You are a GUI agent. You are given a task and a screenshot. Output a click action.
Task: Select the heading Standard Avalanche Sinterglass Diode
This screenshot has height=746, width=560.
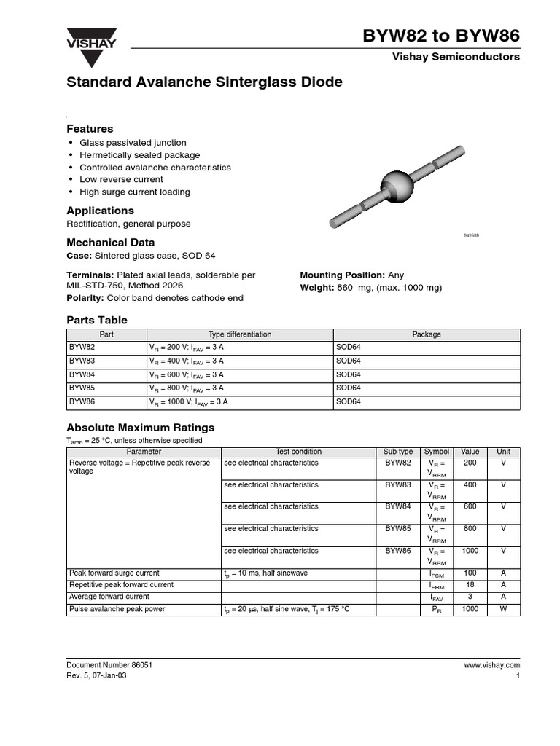[x=204, y=82]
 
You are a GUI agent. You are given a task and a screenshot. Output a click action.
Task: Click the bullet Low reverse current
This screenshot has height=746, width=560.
[x=121, y=179]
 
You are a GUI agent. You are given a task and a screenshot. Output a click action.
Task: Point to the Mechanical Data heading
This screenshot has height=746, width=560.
[x=111, y=242]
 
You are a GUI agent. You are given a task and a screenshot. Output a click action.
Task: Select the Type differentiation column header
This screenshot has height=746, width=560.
[x=239, y=334]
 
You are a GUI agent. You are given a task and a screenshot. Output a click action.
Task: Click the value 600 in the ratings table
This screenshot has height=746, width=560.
[x=470, y=506]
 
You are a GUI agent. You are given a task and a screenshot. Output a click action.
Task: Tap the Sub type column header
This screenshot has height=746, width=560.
[x=398, y=452]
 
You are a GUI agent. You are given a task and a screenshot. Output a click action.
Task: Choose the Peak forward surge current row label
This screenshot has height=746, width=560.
[x=114, y=573]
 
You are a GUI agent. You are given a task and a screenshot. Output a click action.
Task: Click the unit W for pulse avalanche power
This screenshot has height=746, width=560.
[x=503, y=609]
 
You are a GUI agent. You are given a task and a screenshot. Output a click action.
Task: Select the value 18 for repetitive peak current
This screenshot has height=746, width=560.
[x=470, y=585]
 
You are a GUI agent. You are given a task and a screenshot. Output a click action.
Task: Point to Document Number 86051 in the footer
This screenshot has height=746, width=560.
[x=109, y=665]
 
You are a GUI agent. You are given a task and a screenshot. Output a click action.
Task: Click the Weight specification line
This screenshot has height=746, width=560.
[x=370, y=288]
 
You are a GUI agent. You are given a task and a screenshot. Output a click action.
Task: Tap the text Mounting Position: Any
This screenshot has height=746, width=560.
[x=351, y=275]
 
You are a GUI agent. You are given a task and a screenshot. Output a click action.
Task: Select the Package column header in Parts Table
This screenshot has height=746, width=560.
[x=427, y=334]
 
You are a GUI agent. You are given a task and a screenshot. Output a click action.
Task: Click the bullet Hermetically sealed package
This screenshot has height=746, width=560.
[x=139, y=155]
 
